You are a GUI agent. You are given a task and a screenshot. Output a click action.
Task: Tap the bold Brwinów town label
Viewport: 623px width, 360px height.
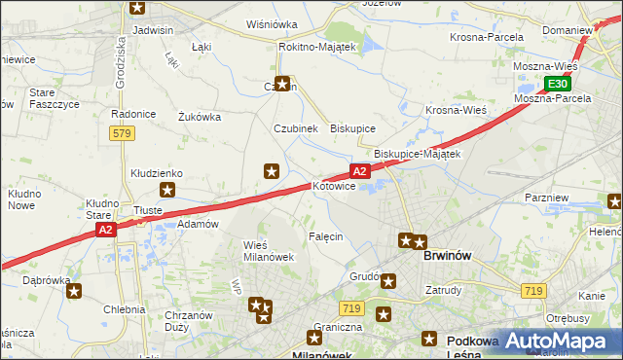(448, 255)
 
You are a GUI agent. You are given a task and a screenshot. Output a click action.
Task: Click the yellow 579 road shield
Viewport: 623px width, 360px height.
(123, 133)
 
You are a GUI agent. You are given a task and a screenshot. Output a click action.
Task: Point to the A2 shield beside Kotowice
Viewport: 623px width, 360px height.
(359, 171)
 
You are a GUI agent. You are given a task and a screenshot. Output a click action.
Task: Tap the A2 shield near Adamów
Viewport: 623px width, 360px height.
(107, 230)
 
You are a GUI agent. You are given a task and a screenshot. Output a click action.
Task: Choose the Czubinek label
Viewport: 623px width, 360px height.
(295, 128)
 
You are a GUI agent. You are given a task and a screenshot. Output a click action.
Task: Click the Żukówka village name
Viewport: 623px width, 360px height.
(200, 117)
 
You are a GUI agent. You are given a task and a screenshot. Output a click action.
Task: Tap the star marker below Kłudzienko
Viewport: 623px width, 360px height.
(167, 191)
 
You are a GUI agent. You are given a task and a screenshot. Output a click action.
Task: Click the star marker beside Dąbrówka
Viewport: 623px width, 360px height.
(74, 290)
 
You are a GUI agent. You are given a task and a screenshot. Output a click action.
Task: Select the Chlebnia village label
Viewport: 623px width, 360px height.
(123, 309)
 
